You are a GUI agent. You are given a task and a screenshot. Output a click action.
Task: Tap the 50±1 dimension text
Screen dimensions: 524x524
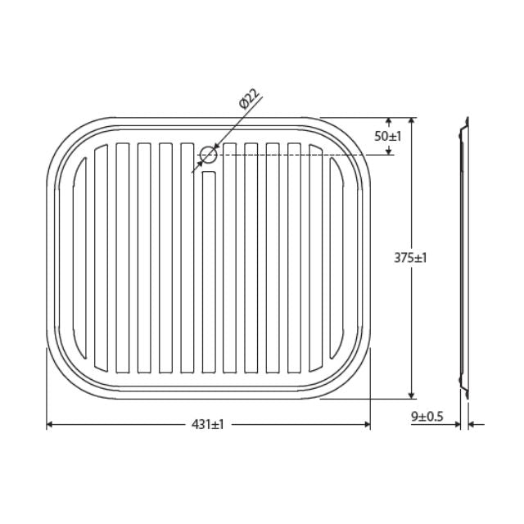coord(387,136)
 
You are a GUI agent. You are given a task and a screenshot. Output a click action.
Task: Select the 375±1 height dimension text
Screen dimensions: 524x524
coord(410,257)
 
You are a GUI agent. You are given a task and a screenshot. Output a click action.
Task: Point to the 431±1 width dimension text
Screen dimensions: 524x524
coord(208,424)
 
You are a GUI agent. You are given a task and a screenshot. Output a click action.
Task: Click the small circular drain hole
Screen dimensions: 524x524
coord(208,154)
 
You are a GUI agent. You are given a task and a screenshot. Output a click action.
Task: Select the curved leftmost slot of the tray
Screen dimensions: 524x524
coord(80,257)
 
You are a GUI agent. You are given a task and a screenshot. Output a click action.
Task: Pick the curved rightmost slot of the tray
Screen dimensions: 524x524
coord(337,257)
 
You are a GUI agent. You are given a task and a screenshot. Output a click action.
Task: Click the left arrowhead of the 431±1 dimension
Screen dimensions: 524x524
coord(51,424)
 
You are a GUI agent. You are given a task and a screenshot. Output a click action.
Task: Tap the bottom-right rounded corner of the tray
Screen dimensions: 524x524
coord(352,378)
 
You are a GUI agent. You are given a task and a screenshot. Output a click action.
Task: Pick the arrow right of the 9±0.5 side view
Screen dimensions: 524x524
coord(477,424)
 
